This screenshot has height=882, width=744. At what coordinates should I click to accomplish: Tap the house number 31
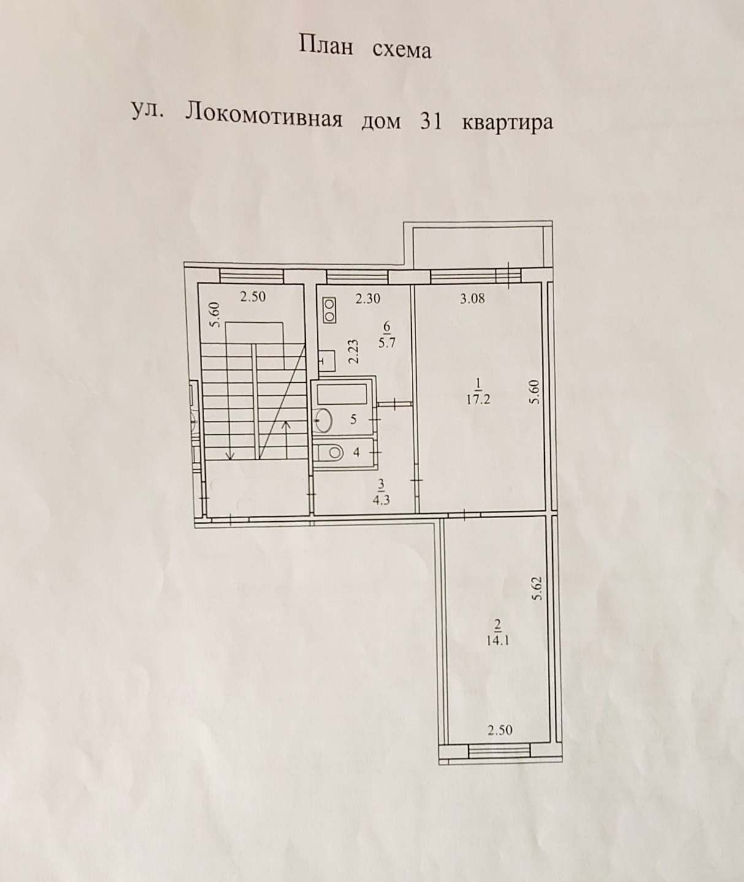coord(431,121)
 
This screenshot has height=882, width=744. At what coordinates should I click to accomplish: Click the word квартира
coord(507,123)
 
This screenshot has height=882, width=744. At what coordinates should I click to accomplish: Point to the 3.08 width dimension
coord(472,299)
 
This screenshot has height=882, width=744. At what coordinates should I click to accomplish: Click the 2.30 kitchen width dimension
coord(368,299)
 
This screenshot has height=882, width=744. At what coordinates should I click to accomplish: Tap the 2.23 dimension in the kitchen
coord(354,352)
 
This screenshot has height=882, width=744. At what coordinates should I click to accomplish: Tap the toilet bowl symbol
coord(332,453)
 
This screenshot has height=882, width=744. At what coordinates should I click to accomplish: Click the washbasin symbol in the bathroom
coord(324,420)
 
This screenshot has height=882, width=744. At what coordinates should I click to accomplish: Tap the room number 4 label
coord(356,453)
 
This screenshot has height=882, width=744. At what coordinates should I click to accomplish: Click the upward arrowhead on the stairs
coord(286,424)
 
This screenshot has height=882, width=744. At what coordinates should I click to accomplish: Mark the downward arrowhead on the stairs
coord(230,455)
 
